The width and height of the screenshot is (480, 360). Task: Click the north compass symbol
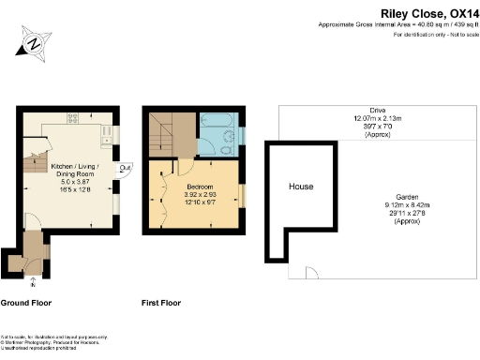pyautogui.click(x=35, y=43)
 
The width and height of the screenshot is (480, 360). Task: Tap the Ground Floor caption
pyautogui.click(x=25, y=303)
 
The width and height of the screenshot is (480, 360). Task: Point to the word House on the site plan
pyautogui.click(x=300, y=187)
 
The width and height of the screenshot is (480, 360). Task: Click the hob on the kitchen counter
pyautogui.click(x=72, y=117)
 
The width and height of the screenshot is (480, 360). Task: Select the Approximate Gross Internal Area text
pyautogui.click(x=395, y=23)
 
